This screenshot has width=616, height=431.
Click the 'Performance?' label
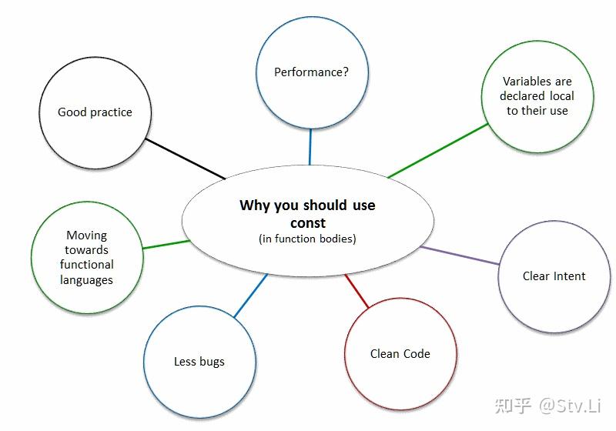[311, 72]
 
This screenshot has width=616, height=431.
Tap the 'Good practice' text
[95, 112]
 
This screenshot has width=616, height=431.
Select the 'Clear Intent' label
[554, 276]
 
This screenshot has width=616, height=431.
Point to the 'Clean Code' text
[400, 354]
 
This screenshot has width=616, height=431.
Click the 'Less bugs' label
[199, 362]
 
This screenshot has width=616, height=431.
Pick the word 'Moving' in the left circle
[87, 236]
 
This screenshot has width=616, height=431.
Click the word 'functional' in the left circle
[87, 264]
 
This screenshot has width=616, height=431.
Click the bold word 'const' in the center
[308, 223]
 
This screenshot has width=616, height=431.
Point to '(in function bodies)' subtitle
[307, 239]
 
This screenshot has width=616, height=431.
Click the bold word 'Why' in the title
[255, 205]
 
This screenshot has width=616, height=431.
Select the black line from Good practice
[186, 159]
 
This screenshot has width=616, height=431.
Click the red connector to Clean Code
[357, 291]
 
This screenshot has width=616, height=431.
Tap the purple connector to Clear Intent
[460, 256]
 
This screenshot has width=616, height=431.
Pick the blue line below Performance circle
[310, 147]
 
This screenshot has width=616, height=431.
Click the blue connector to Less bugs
[251, 296]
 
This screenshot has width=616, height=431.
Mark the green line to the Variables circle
[438, 151]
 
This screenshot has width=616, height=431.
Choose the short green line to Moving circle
[166, 245]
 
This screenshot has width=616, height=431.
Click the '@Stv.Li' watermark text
[570, 405]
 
